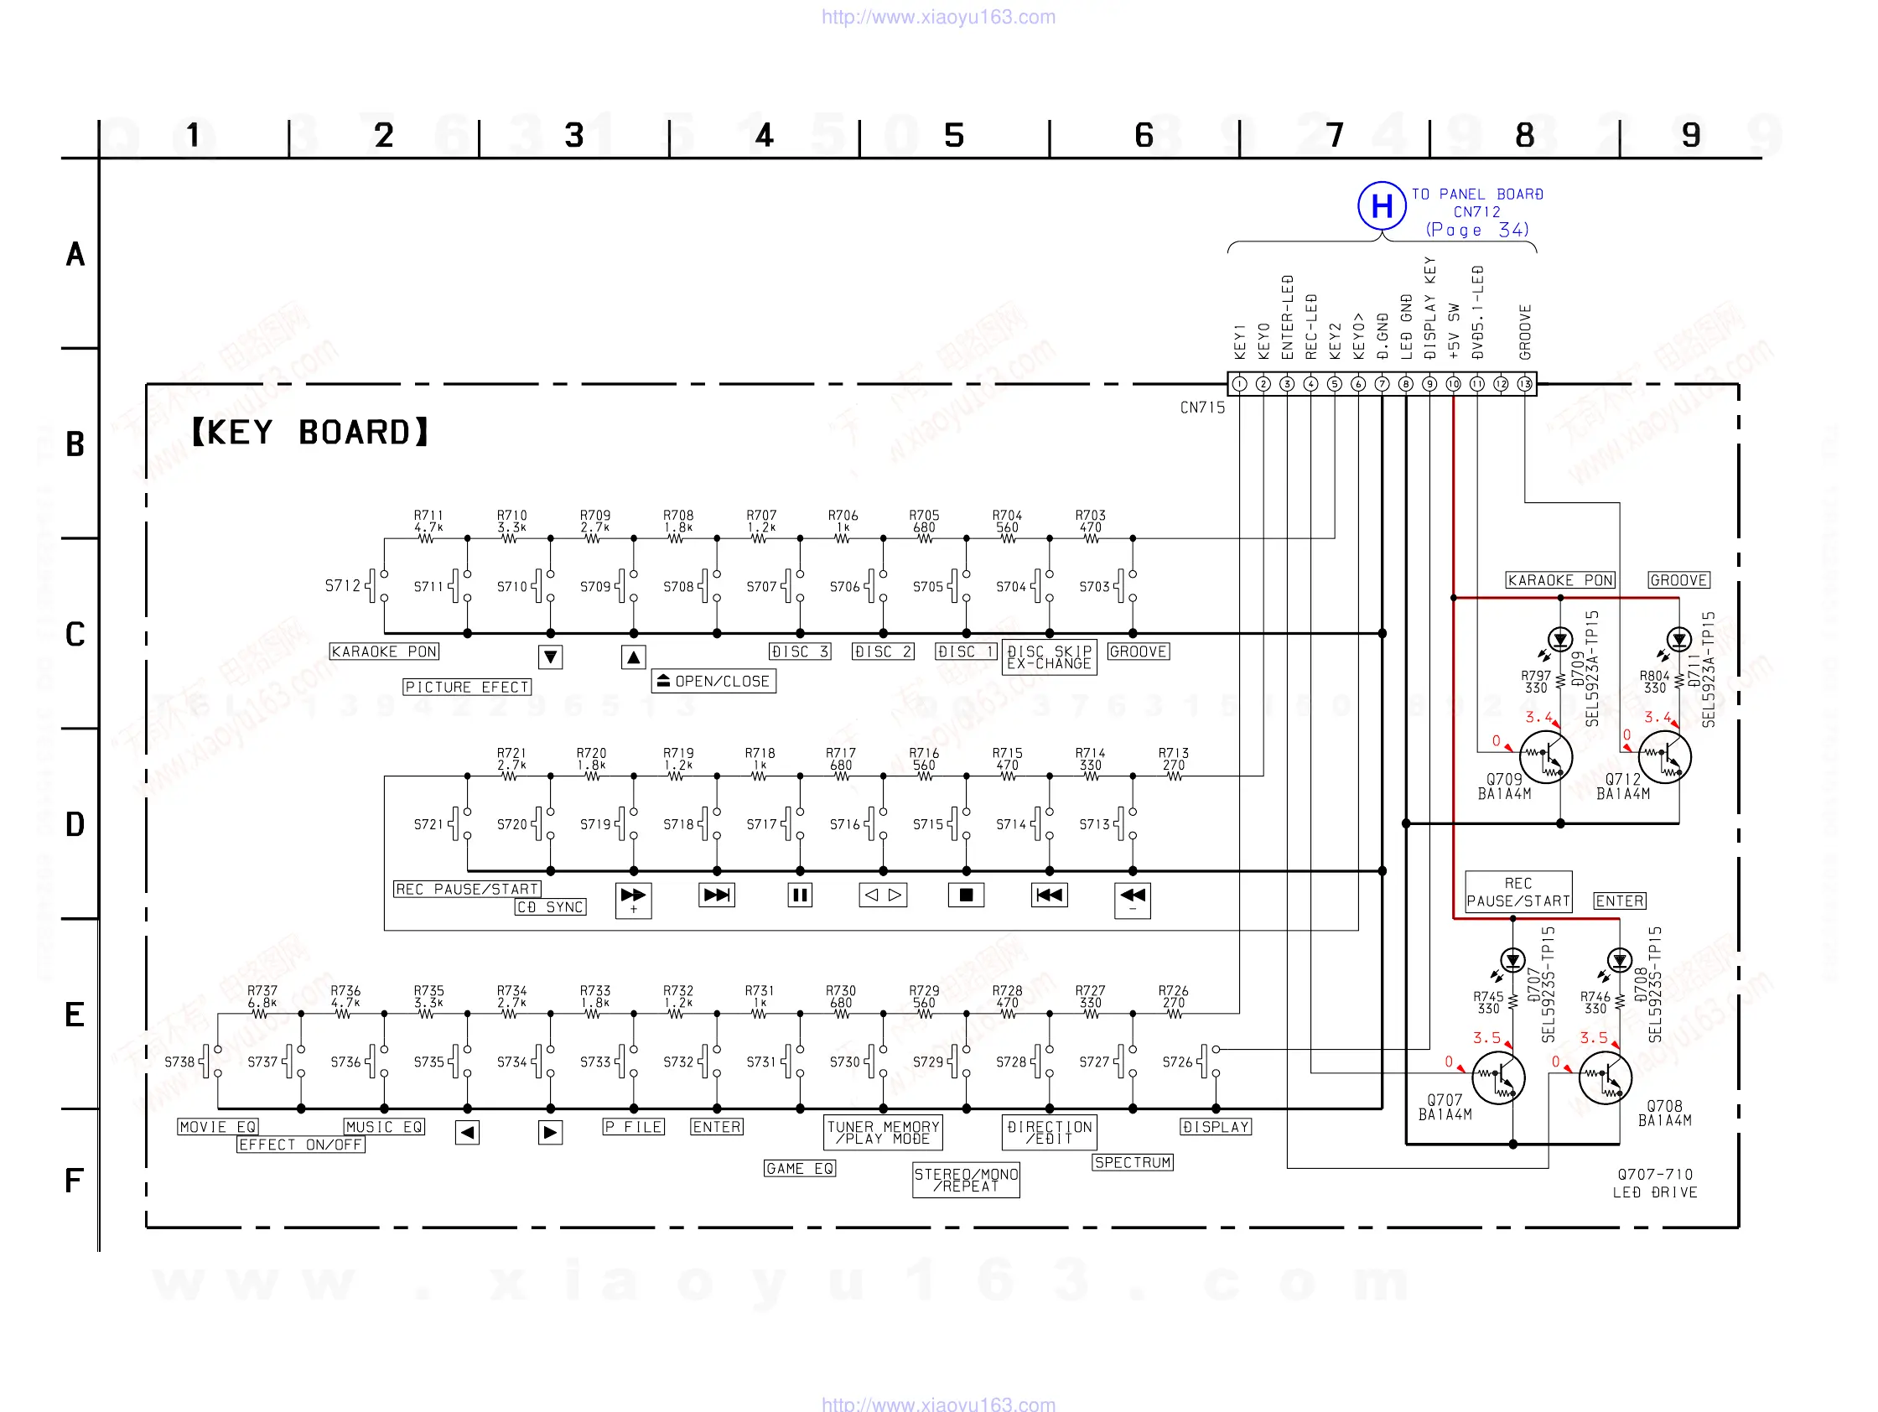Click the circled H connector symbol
[1381, 205]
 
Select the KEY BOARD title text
[310, 432]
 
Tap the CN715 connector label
[1202, 408]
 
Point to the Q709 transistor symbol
[1545, 757]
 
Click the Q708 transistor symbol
[1605, 1078]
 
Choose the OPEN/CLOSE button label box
[713, 681]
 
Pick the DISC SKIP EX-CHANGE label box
[1050, 657]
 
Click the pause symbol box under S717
[800, 895]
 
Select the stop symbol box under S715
[966, 895]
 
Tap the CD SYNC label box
[551, 906]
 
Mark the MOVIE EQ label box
[218, 1127]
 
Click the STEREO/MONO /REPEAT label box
[966, 1180]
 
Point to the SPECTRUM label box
[1133, 1162]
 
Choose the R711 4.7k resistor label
[428, 522]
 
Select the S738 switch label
[179, 1062]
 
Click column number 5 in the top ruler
[954, 136]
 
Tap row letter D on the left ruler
[75, 824]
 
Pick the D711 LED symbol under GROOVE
[1678, 638]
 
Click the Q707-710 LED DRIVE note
[1655, 1183]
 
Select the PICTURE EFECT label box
[467, 687]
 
